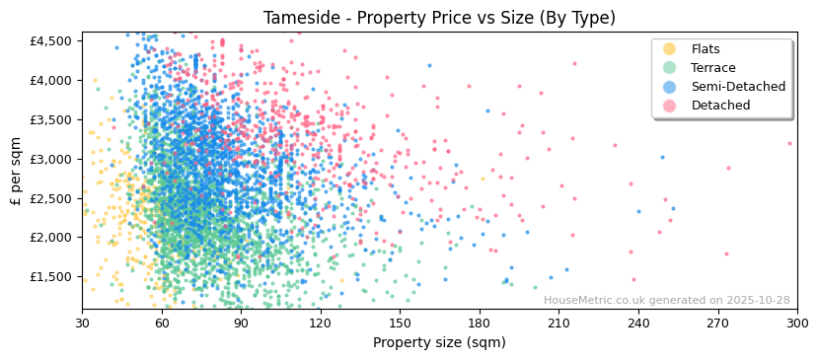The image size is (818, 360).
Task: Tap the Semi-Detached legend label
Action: (738, 87)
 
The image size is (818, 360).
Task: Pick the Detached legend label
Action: (720, 106)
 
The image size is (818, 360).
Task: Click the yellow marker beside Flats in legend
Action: (670, 49)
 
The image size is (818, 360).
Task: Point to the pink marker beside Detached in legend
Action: (670, 106)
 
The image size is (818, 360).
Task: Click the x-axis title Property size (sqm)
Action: (439, 343)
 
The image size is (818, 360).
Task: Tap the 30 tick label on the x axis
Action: (82, 324)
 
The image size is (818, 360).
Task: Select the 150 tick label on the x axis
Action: (400, 324)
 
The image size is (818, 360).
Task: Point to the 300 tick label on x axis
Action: (796, 324)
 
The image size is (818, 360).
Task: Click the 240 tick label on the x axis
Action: (637, 324)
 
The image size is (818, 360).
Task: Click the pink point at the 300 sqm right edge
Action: (789, 143)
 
